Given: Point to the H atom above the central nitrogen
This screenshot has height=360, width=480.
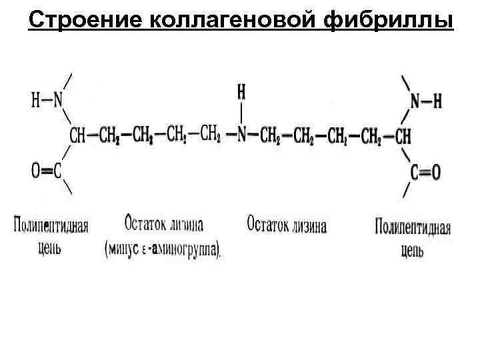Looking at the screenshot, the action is coord(242,90).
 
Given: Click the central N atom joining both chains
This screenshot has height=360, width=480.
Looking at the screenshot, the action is coord(242,135).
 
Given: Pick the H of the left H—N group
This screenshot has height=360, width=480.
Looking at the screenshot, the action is coord(35,101).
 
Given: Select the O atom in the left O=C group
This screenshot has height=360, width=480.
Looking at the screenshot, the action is coord(35,171).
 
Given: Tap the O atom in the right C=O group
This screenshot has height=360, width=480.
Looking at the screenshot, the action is coord(435,173).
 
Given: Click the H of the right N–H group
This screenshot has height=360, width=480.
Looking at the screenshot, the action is coord(437,102).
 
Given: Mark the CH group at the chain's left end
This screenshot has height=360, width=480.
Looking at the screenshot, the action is coord(77,136).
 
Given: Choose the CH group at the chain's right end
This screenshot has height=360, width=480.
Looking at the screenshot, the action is coord(403,136).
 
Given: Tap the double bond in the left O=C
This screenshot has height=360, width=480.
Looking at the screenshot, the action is coord(47,171).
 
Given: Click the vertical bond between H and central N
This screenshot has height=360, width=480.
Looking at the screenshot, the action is coord(242,111).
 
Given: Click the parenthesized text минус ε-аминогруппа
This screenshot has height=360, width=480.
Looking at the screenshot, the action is coord(163,249).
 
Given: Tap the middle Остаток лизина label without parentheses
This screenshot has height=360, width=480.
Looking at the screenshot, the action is coord(286,225).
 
